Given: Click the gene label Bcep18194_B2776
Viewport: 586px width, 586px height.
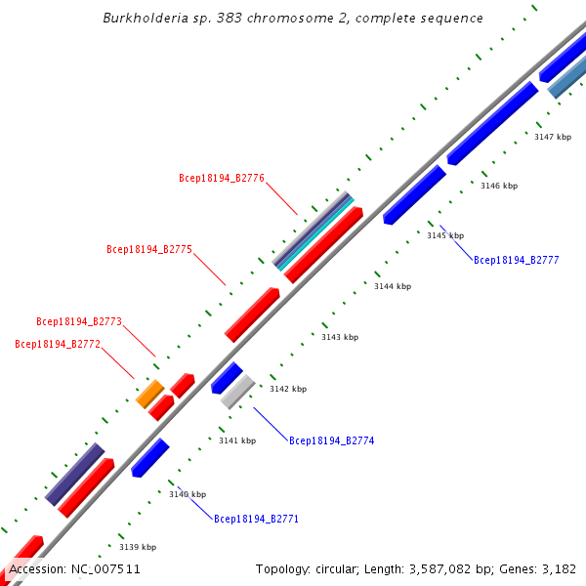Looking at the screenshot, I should [x=222, y=178].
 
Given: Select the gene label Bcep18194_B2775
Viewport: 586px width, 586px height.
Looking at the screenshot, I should [x=149, y=250].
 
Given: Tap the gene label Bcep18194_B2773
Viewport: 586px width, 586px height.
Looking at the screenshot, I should [x=79, y=321].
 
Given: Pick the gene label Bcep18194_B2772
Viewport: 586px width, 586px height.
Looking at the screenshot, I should [x=58, y=344].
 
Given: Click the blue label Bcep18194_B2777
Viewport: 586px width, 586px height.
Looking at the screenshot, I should [x=517, y=261].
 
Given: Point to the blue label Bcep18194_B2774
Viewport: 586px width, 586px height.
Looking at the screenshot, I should [x=332, y=441].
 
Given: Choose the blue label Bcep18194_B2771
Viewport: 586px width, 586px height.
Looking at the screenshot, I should [x=257, y=519].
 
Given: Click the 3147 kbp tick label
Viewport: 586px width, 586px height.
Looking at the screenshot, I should [x=553, y=137].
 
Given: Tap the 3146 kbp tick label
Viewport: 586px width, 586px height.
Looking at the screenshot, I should [x=499, y=186].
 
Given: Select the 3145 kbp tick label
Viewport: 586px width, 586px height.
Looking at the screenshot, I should [x=445, y=235].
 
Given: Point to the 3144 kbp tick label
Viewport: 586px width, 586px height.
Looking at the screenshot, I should [x=393, y=286].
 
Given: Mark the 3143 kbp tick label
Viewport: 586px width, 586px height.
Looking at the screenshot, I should [x=340, y=337].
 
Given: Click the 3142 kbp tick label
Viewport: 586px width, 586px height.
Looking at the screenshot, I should [x=288, y=389].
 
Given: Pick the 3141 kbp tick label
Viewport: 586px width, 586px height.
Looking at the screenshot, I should [x=237, y=440].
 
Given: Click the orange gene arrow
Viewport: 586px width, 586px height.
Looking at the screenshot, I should [x=149, y=394].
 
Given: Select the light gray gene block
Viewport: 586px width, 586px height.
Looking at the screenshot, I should [x=237, y=391].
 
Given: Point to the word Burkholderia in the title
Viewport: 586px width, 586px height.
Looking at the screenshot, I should [x=142, y=19].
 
